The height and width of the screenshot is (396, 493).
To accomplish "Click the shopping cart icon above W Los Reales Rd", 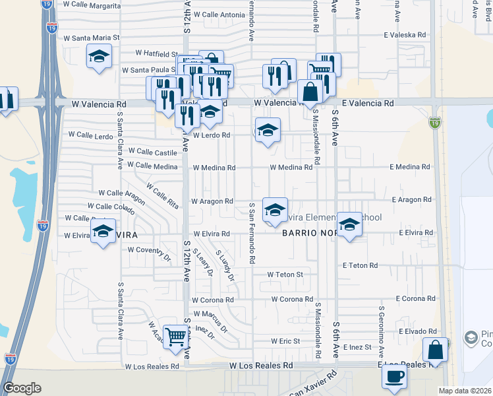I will pos(175,337).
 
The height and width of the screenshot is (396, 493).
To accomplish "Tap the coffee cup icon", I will pos(395,376).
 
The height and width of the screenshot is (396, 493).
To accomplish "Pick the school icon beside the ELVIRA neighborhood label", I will pos(103,232).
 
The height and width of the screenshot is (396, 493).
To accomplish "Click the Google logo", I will pos(22,387).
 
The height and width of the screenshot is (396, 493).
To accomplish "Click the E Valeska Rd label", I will pos(407,35).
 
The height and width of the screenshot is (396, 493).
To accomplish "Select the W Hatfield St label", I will pos(157,53).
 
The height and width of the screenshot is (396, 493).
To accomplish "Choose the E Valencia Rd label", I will pos(368,104).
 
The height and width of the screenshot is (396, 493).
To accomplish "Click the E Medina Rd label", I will pos(409,167).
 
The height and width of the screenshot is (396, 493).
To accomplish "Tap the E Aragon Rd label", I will pos(411,199).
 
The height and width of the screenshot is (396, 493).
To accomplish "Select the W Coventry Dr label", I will pos(149,250).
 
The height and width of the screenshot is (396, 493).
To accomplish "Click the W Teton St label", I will pos(285,274).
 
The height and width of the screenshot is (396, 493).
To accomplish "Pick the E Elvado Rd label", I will pos(413,331).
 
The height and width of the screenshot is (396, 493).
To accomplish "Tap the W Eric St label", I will pos(285,341).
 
